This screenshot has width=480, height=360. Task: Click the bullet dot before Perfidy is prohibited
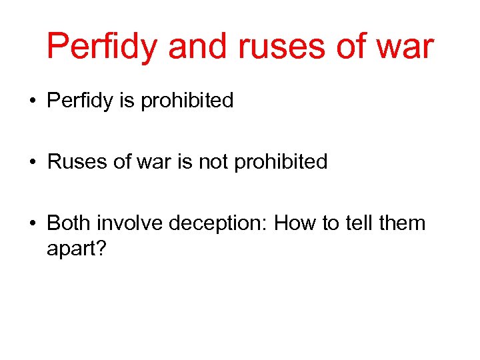(32, 102)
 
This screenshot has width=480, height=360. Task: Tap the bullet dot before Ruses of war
(32, 163)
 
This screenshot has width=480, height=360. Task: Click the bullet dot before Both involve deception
(32, 223)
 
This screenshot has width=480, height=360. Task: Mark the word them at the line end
(403, 222)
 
